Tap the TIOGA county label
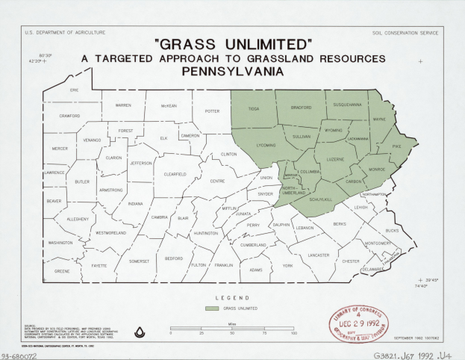[254, 109]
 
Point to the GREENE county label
[62, 272]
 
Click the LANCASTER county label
[319, 255]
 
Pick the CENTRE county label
[217, 181]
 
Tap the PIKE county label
[396, 148]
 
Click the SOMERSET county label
[139, 261]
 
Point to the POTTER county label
[213, 111]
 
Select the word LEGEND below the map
[232, 298]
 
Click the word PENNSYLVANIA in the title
[231, 72]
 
